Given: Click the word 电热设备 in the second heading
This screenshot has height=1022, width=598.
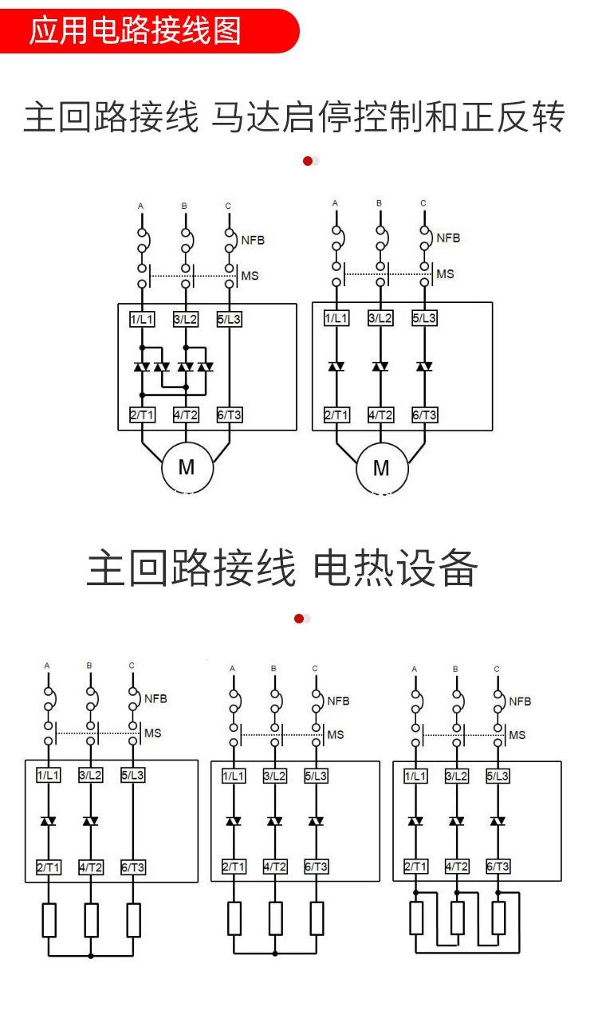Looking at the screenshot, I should [395, 569].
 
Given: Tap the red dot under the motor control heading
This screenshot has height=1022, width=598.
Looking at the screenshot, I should [308, 161].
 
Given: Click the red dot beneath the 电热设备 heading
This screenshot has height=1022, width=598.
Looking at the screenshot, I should [299, 619].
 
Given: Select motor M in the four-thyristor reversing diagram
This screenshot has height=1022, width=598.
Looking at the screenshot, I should [187, 467].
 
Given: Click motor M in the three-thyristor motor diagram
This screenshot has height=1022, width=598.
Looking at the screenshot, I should [381, 467].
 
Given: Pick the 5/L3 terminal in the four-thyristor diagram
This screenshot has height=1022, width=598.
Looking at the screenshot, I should [229, 320].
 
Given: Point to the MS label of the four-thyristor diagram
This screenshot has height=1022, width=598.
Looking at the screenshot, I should [250, 276].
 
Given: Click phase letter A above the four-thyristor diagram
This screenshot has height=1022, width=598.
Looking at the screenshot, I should [141, 206].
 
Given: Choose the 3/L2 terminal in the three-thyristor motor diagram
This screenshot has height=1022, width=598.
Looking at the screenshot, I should [380, 318].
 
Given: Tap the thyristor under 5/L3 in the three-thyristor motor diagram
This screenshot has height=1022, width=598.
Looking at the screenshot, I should [424, 367].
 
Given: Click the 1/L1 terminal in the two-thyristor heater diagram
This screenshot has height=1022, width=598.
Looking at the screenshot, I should [49, 774].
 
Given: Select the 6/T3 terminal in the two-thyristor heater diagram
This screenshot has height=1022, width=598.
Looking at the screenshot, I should [133, 867].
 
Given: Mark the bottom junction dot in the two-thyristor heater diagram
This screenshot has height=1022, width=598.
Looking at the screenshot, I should [91, 955].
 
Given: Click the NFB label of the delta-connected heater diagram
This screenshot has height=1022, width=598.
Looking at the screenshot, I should [520, 702].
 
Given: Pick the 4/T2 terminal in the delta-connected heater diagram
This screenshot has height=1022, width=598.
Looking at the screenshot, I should [457, 867].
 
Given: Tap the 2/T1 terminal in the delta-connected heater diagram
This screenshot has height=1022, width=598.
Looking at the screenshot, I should [415, 867].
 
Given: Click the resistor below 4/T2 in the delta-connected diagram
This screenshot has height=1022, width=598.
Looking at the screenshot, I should [457, 918].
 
